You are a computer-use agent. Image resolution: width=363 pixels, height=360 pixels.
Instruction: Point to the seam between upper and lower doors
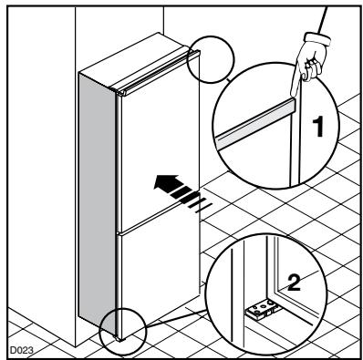(164, 226)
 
